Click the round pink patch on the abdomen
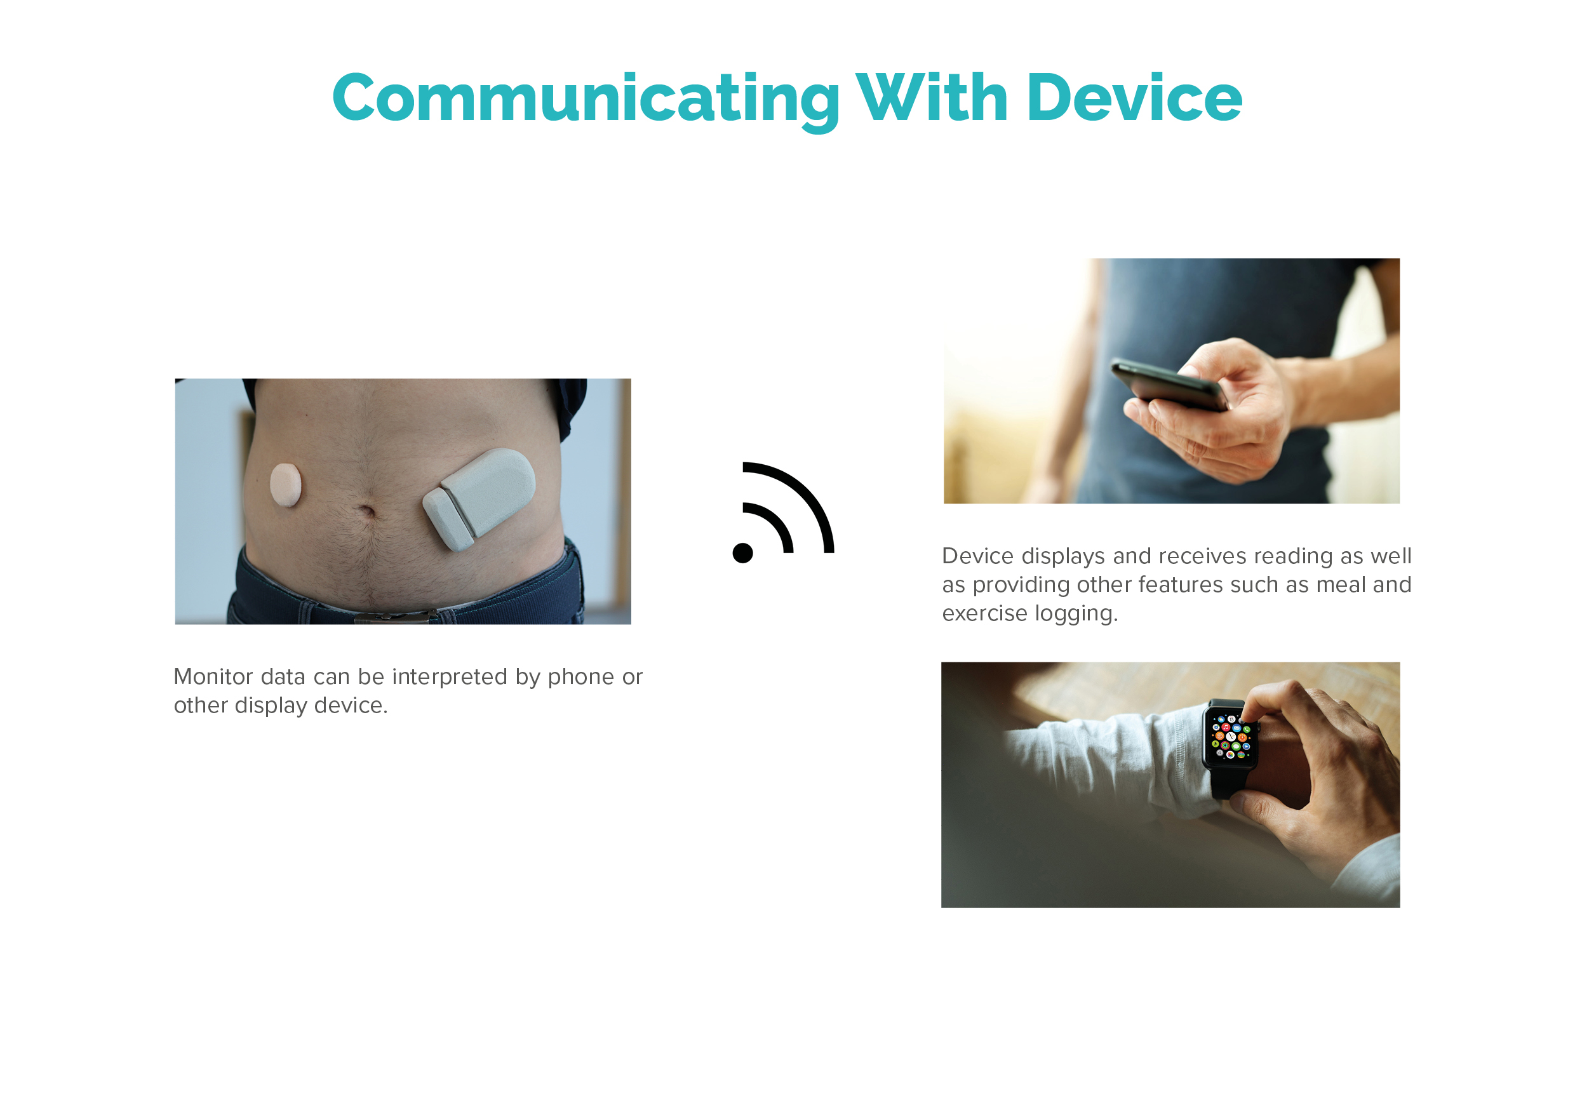285,485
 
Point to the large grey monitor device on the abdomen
479,498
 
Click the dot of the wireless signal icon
743,552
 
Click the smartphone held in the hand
1170,385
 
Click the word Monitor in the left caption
213,677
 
